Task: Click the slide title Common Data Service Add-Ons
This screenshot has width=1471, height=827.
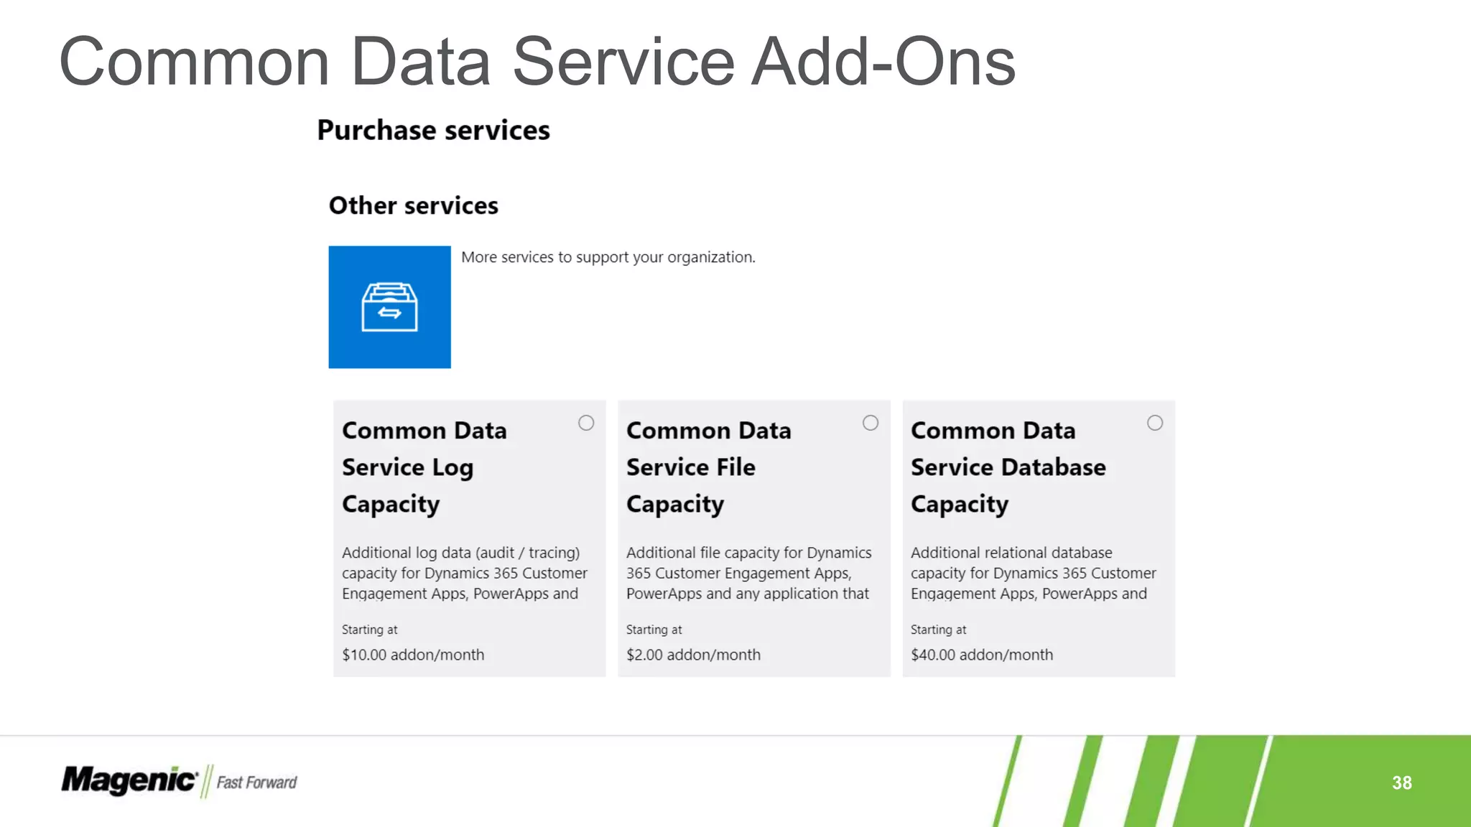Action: click(x=537, y=62)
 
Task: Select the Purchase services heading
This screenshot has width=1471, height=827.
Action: click(x=433, y=131)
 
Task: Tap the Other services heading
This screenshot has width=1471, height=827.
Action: click(x=413, y=206)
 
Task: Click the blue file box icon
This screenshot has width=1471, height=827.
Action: click(x=389, y=307)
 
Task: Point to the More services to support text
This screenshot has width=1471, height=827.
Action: click(x=608, y=258)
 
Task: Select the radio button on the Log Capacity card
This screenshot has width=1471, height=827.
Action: click(x=586, y=424)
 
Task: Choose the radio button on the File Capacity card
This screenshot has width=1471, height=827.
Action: click(x=871, y=424)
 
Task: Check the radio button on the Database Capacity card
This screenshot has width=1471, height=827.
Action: click(x=1155, y=424)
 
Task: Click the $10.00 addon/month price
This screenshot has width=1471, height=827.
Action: click(x=413, y=655)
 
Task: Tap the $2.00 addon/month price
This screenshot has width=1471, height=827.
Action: click(x=693, y=655)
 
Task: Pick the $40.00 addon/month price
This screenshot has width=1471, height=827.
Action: click(x=982, y=655)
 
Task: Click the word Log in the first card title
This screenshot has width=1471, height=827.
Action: click(x=453, y=468)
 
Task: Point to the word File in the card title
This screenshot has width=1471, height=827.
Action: click(x=735, y=468)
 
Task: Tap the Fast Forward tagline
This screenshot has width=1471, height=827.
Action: click(x=256, y=782)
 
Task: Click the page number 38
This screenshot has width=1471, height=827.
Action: click(x=1401, y=782)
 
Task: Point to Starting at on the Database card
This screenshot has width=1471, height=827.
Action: click(x=938, y=630)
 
